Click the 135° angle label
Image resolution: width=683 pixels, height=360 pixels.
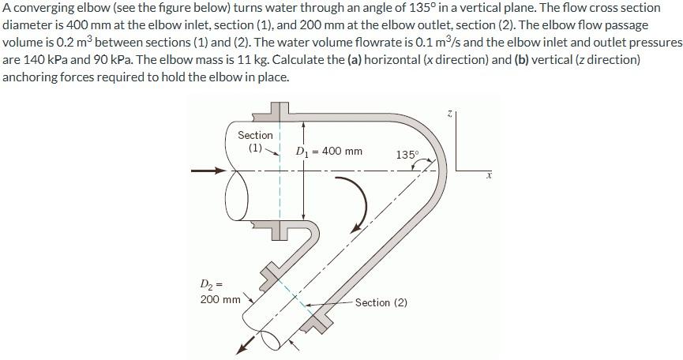(407, 155)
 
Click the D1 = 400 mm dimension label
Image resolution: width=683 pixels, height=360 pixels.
(328, 151)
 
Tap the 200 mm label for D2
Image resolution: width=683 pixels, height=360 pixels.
(220, 299)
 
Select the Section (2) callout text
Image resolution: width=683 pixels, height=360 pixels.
(381, 302)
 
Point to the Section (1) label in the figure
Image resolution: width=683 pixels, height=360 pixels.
(255, 141)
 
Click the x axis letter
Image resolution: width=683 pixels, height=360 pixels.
(489, 176)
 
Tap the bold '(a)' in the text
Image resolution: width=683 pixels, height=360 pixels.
(358, 59)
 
